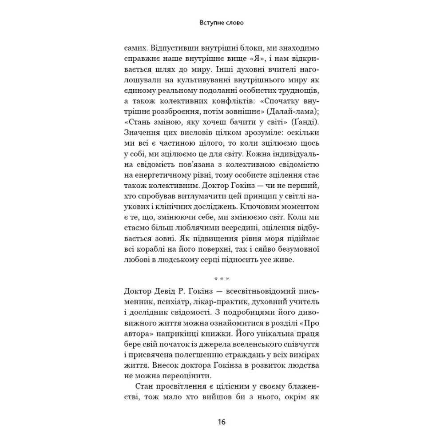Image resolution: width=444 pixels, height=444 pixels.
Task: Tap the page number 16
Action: click(x=222, y=421)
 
